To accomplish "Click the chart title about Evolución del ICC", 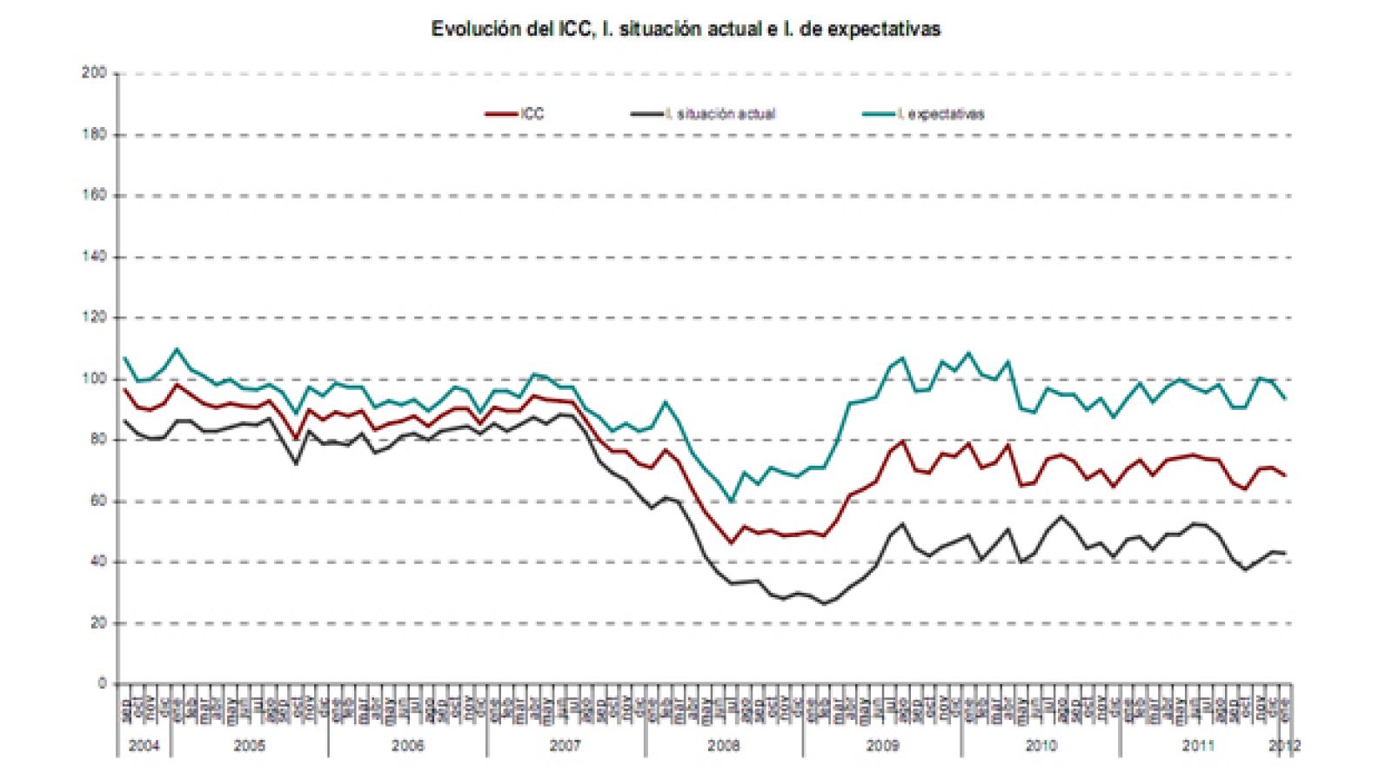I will [686, 29].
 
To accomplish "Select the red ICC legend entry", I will [515, 114].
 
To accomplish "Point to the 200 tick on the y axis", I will [94, 73].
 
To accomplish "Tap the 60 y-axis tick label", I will [97, 501].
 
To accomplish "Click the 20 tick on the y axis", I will [97, 623].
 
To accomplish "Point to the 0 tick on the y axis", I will [101, 684].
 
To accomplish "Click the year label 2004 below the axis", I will [144, 746].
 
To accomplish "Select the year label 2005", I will [250, 746].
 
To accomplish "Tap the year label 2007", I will [565, 746].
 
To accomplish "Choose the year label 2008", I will [724, 746].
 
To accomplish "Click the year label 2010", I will [1041, 746].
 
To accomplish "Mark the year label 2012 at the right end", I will [1284, 746].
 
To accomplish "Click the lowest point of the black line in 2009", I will [824, 603].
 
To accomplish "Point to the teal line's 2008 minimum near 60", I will [731, 501].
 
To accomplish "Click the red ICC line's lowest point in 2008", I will [731, 543].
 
